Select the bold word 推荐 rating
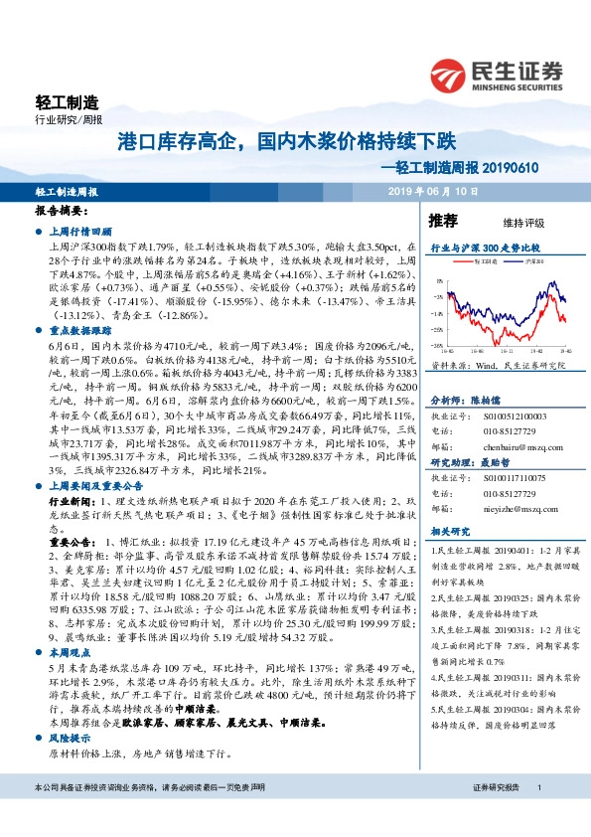pos(442,220)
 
